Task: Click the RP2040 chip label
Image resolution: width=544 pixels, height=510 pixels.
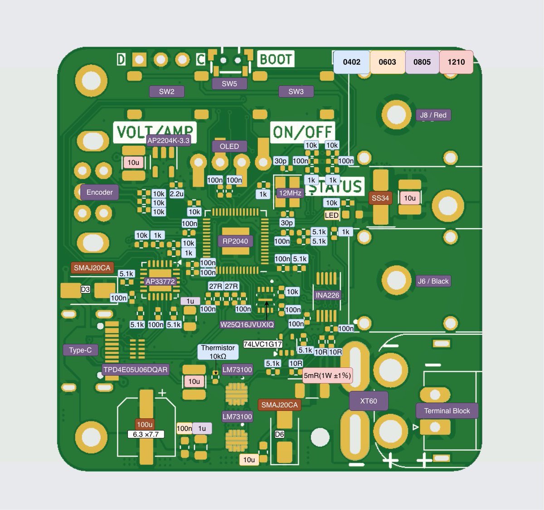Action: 235,241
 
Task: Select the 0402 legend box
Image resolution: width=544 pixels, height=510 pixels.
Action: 351,62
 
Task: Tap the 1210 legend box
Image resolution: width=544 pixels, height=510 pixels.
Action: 456,62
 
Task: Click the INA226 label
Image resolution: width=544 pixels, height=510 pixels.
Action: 327,295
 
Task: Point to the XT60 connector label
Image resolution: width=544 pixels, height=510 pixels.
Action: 369,401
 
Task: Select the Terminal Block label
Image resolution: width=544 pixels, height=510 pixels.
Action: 447,411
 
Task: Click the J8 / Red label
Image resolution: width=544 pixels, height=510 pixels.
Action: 433,115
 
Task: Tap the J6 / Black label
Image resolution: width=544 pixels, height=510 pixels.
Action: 433,281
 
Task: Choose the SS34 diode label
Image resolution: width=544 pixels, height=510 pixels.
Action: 380,198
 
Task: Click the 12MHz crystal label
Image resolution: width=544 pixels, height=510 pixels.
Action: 290,193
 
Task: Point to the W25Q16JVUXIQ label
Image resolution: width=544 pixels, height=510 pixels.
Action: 247,324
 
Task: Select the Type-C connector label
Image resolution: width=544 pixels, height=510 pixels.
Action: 80,350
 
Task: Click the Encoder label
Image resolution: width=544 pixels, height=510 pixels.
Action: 99,192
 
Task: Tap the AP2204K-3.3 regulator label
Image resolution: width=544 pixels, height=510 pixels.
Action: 168,140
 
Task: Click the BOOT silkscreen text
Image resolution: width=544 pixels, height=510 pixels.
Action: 276,59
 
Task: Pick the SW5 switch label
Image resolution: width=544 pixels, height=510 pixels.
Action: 229,84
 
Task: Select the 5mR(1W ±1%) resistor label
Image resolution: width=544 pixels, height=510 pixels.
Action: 327,375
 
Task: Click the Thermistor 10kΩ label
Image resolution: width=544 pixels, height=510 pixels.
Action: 218,352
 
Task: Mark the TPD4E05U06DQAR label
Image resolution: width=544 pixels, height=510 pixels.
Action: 136,370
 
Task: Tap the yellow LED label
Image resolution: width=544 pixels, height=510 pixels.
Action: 331,216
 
